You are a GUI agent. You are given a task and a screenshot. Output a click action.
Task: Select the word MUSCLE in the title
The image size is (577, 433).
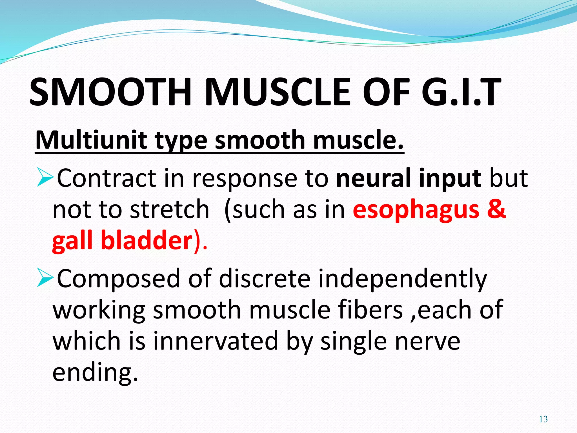[x=278, y=92]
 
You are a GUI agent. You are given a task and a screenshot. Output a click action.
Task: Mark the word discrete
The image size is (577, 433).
[x=265, y=279]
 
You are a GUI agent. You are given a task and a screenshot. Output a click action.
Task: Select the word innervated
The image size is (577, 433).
[x=216, y=341]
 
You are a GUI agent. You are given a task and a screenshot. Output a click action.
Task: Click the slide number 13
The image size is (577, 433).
[x=543, y=419]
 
